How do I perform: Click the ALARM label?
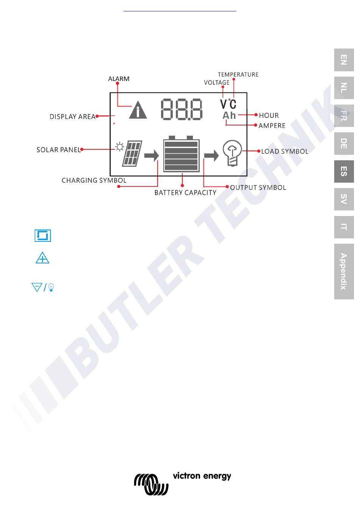point(119,79)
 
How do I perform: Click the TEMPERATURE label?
point(238,75)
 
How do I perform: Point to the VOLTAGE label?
point(216,83)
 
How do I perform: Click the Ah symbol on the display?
point(229,115)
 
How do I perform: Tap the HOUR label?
point(269,115)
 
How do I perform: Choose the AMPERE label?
point(272,125)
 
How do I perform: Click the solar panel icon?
point(131,154)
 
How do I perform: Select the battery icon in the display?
point(181,155)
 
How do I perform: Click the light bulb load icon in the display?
point(232,153)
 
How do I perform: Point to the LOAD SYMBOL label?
point(285,151)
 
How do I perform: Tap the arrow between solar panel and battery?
point(152,155)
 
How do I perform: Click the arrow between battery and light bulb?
point(211,155)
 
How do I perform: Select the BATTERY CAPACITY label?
point(185,193)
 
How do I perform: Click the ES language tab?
point(344,171)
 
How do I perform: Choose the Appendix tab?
point(344,271)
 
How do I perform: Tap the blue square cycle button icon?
point(42,236)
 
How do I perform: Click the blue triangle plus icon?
point(42,259)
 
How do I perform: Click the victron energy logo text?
point(202,476)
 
